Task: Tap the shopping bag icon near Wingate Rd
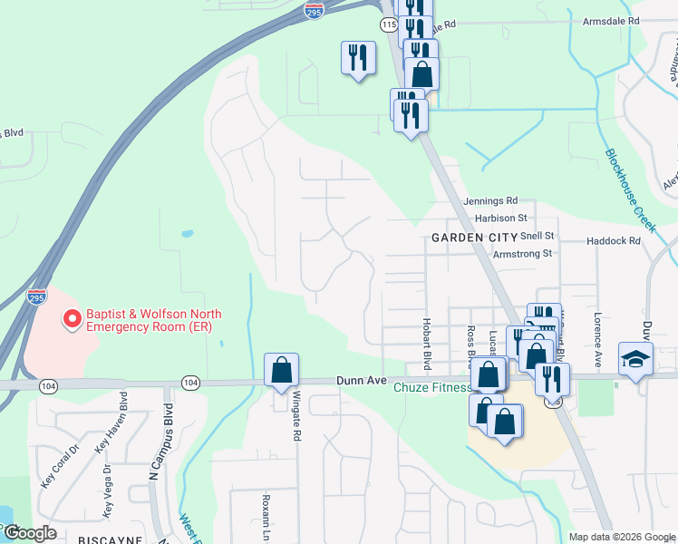tap(281, 370)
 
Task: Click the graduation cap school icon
tap(635, 359)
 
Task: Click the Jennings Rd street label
tap(489, 200)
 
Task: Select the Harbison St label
tap(500, 219)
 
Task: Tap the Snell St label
tap(538, 236)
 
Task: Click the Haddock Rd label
tap(614, 241)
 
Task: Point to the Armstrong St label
tap(522, 255)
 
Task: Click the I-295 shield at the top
tap(314, 11)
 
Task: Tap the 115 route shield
tap(390, 24)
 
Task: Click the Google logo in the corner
tap(30, 533)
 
